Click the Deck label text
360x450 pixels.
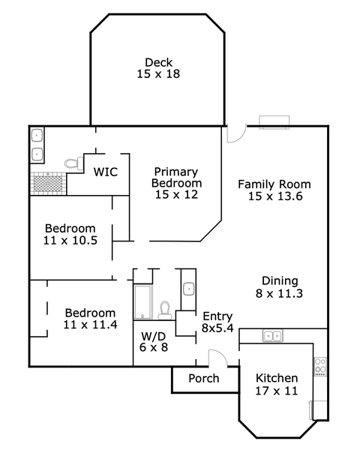tap(158, 62)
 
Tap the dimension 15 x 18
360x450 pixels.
tap(158, 73)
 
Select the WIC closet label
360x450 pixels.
tap(105, 172)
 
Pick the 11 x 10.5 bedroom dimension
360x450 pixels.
tap(70, 240)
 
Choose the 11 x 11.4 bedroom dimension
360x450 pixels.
tap(90, 325)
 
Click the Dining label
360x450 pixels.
tap(280, 281)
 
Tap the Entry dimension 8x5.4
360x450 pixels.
tap(217, 328)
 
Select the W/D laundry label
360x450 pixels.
tap(154, 336)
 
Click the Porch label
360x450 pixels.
tap(204, 378)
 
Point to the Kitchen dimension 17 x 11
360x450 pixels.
tap(277, 391)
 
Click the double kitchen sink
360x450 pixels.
tap(273, 335)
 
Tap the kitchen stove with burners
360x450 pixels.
tap(320, 367)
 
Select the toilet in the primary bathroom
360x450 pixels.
tap(73, 163)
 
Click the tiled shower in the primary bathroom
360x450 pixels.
tap(48, 184)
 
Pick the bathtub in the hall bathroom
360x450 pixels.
tap(142, 302)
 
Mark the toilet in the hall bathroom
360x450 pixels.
tap(165, 310)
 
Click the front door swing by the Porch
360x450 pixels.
tap(217, 358)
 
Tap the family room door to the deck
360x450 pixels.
tap(236, 133)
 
